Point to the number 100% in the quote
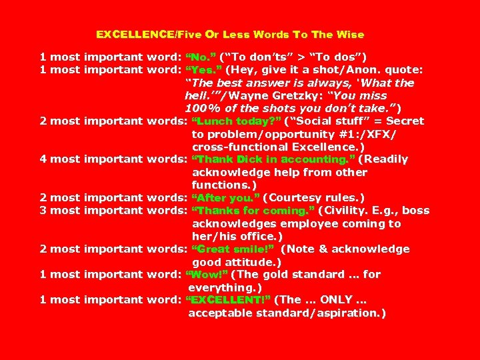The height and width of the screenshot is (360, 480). (200, 108)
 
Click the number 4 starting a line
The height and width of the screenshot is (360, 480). (43, 159)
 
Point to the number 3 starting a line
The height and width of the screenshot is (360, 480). (43, 211)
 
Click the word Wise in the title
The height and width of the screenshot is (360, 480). (349, 34)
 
